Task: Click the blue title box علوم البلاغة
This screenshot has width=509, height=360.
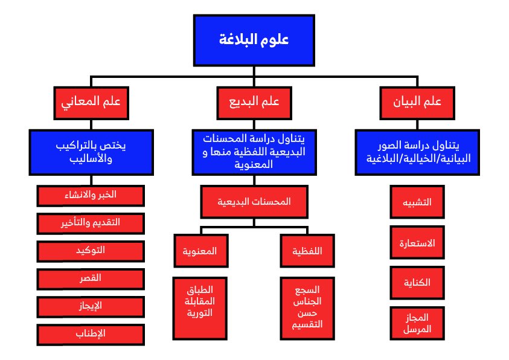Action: point(254,40)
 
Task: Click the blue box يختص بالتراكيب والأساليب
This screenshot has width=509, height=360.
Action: point(91,152)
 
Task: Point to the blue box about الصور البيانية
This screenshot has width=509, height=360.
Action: point(417,152)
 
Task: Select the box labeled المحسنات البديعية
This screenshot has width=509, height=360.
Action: point(254,202)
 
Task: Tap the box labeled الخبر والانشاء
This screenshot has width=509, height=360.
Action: point(91,196)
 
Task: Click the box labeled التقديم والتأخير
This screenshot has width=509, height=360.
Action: point(91,223)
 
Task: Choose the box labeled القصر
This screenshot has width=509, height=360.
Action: point(91,278)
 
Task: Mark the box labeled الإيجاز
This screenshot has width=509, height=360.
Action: point(91,306)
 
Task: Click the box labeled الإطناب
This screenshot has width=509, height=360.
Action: point(91,334)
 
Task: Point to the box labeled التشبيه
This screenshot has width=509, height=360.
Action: point(417,203)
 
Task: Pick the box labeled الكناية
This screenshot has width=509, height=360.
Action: point(417,283)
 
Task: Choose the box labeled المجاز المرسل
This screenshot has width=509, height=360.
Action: point(417,323)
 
